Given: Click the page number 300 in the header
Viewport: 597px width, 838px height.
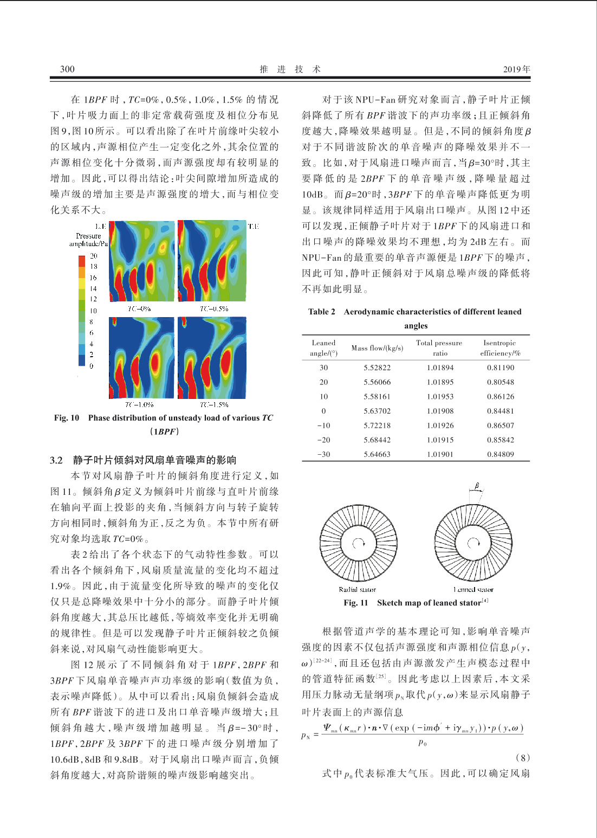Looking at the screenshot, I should [67, 69].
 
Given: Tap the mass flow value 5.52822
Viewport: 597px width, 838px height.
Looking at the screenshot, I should [377, 368].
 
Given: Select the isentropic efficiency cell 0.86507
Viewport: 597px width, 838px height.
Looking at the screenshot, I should [500, 426].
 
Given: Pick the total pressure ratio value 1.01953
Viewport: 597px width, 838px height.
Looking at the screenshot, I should [440, 397].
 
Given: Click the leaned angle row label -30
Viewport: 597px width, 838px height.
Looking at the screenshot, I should [323, 454].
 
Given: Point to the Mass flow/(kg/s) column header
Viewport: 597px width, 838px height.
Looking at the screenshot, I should [377, 348].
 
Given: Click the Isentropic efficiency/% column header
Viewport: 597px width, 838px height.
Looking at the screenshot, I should [500, 348].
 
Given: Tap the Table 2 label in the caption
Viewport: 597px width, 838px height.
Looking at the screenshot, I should [322, 312].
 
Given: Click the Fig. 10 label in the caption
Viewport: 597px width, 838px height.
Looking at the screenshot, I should [67, 418].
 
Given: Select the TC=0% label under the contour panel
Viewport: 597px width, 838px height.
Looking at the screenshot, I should [139, 308].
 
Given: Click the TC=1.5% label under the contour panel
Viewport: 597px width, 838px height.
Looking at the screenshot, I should [214, 404].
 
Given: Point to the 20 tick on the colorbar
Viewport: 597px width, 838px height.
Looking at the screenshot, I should [94, 255].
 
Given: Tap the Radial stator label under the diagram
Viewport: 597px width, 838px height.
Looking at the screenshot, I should [357, 589].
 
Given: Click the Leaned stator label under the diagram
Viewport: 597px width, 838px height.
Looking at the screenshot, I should [473, 589].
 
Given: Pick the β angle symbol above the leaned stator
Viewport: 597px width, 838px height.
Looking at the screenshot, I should [477, 486].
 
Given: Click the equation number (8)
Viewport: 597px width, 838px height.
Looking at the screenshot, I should [522, 757].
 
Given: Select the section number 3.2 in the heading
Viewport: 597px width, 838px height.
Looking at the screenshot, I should [56, 460].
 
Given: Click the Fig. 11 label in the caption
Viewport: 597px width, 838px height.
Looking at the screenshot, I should [356, 603].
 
